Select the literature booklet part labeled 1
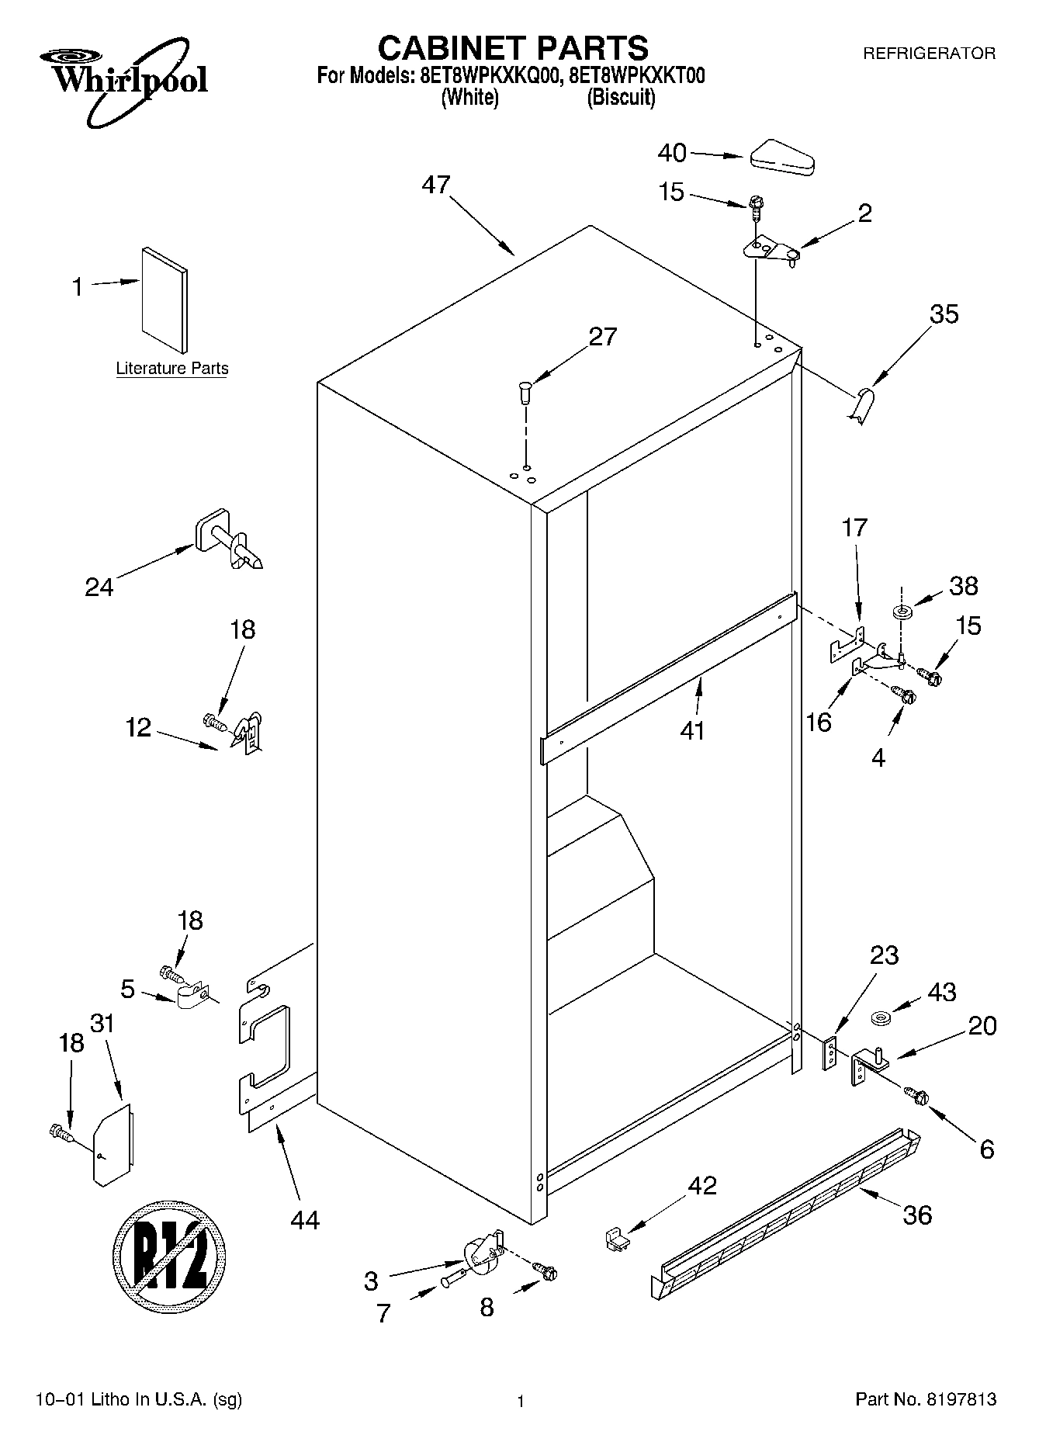[164, 299]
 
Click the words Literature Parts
[172, 369]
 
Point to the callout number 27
[602, 336]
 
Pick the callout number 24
[99, 587]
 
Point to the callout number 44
[305, 1219]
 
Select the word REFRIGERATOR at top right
[929, 54]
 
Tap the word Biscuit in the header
[621, 99]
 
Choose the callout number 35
[944, 314]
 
